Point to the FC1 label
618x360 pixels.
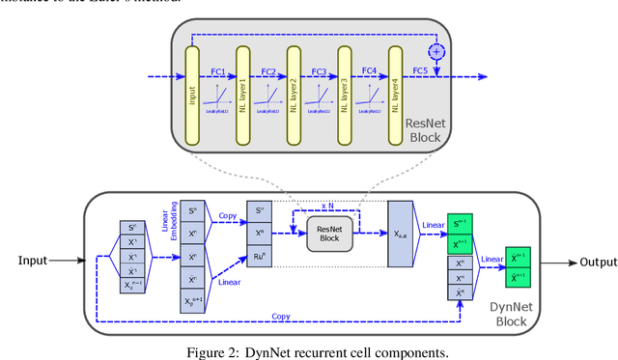[x=217, y=70]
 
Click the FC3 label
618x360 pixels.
[x=320, y=70]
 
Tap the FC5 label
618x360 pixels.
[x=420, y=70]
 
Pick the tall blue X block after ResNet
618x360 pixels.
[x=400, y=235]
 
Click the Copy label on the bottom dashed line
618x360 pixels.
[x=281, y=316]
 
